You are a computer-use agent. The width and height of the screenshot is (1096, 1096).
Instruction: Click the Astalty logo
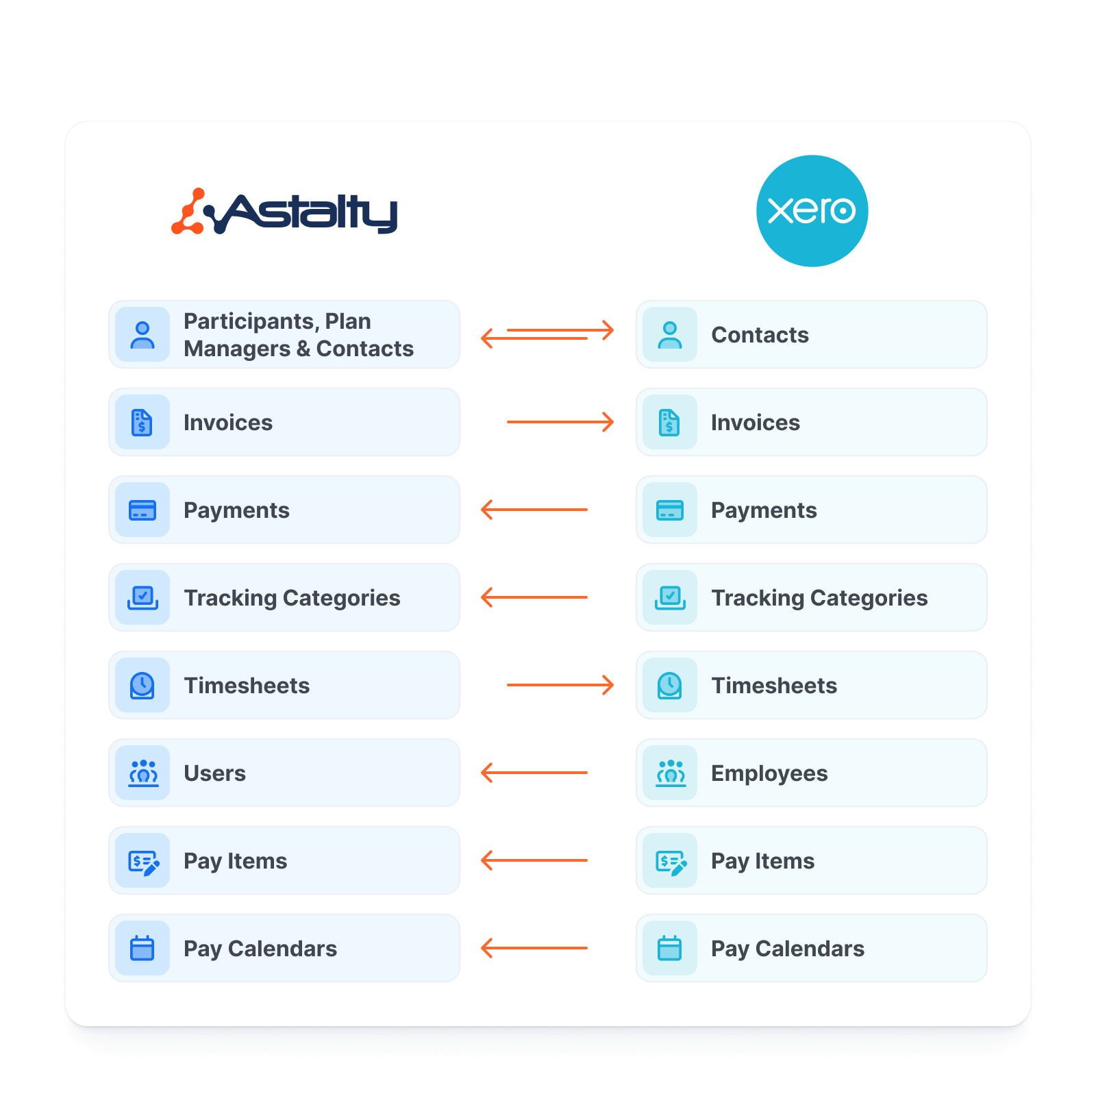(284, 212)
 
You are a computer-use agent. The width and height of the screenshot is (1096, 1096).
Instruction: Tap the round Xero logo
(812, 211)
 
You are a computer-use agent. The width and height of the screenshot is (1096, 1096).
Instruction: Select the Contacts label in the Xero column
(760, 335)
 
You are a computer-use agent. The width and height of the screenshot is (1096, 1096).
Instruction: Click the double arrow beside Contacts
(547, 334)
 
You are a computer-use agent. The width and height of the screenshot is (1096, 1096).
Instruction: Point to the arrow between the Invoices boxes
(560, 422)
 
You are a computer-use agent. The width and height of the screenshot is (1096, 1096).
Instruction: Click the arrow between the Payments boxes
(534, 510)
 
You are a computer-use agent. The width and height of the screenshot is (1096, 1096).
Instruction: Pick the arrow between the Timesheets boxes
(560, 685)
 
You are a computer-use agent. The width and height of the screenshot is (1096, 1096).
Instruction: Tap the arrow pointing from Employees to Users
(534, 773)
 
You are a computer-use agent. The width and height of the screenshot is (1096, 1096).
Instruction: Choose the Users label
(214, 773)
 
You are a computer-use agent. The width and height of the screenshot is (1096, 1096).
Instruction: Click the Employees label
(769, 773)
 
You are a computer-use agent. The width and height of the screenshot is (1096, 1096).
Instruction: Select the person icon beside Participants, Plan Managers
(142, 335)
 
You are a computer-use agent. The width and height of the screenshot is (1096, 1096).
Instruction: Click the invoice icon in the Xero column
(669, 423)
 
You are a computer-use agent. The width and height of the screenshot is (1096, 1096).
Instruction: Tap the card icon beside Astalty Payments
(142, 510)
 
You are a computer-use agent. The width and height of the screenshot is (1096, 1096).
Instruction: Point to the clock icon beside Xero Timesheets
(669, 685)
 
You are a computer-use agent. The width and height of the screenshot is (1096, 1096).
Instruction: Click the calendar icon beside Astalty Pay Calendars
(142, 948)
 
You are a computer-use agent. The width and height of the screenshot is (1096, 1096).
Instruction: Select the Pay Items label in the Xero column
(762, 861)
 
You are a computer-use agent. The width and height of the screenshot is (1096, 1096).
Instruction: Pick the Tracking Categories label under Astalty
(292, 598)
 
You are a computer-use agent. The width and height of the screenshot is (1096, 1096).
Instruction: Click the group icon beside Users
(143, 773)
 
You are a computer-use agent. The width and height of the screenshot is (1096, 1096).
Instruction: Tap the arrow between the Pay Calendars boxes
(534, 948)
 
